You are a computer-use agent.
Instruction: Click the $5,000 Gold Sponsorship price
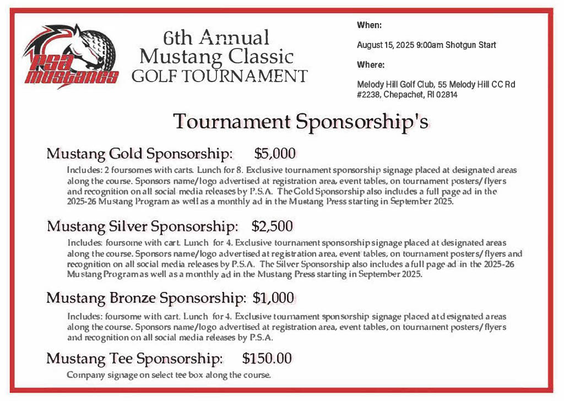click(275, 153)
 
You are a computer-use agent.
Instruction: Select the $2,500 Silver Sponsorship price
click(272, 226)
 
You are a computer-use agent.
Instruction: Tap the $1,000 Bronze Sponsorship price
click(273, 298)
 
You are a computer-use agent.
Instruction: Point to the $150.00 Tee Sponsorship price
click(267, 359)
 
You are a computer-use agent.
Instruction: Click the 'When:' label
click(369, 25)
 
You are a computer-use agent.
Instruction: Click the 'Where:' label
click(370, 65)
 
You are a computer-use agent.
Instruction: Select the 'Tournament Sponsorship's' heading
click(300, 121)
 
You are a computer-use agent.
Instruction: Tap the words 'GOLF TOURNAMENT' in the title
click(219, 75)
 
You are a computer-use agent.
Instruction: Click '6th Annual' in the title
click(216, 37)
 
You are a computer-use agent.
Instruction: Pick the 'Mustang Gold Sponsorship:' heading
click(139, 153)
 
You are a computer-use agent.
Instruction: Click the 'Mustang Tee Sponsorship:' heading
click(134, 359)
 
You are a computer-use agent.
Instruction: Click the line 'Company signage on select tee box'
click(169, 376)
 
